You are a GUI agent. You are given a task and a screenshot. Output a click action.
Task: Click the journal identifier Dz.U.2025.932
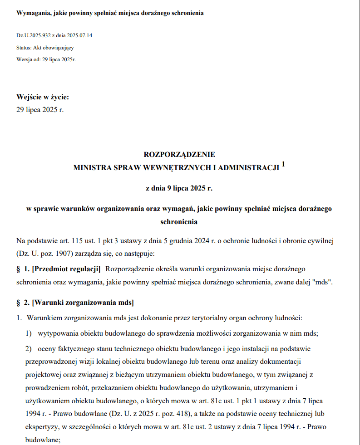tap(34, 35)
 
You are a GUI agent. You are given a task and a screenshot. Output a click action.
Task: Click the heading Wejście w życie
tap(43, 97)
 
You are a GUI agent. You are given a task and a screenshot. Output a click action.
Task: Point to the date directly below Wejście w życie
tap(40, 109)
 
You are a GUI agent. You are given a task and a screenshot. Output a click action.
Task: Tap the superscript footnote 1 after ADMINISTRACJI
tap(283, 165)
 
